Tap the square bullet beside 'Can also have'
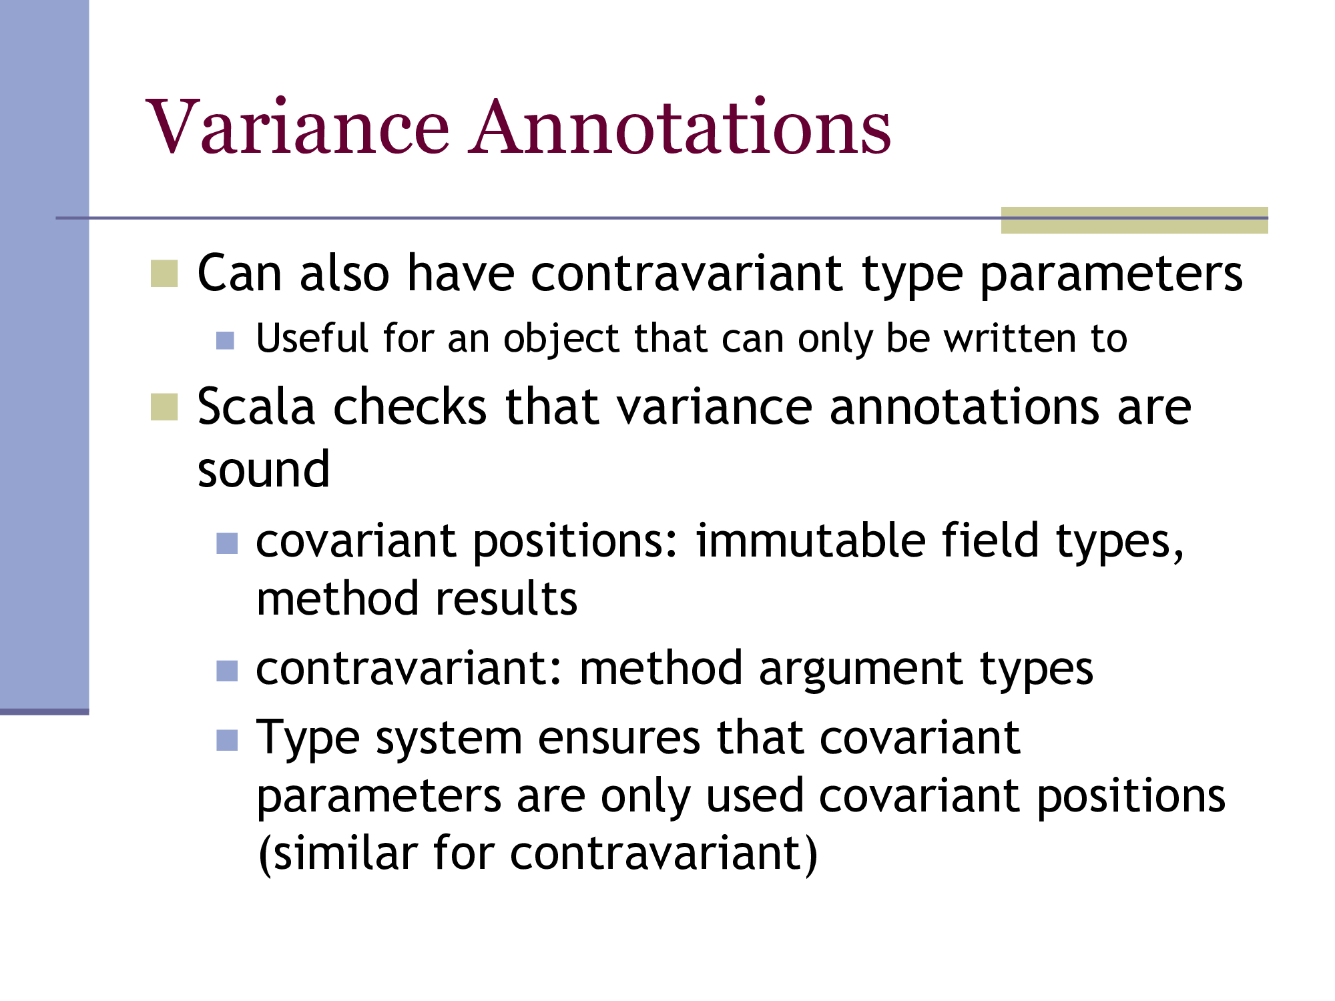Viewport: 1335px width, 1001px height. (x=164, y=274)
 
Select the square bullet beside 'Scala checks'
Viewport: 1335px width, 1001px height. (x=164, y=407)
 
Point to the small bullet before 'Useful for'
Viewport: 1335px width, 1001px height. (x=226, y=341)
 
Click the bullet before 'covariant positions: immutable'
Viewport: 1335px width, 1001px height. (x=227, y=543)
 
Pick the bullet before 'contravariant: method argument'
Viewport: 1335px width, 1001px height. (x=227, y=671)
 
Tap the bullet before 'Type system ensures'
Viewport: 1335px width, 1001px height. (x=227, y=740)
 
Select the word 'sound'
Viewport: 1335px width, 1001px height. (x=264, y=469)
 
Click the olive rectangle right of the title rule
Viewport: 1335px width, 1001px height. (x=1134, y=220)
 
